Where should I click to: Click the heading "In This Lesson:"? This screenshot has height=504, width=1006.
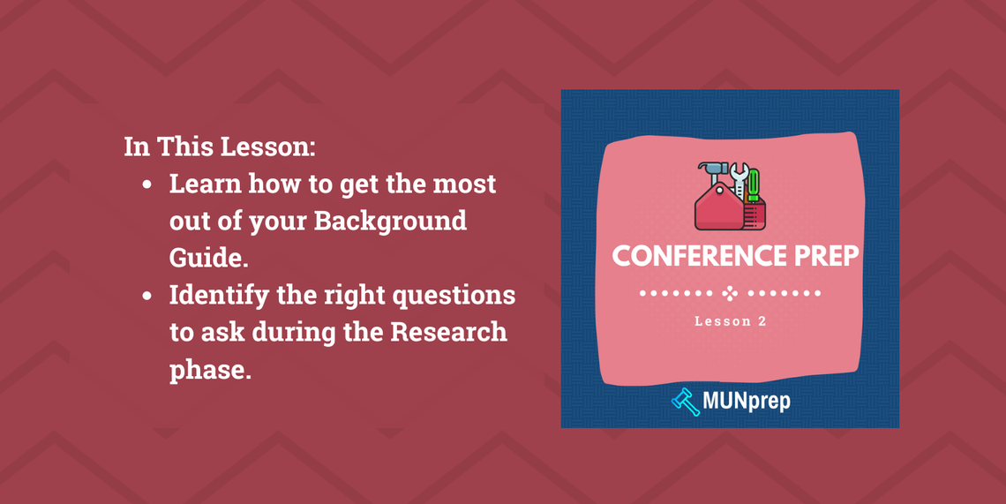(x=219, y=146)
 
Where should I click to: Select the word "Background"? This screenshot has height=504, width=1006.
(x=391, y=220)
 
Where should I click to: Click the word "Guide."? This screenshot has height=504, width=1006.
(x=206, y=257)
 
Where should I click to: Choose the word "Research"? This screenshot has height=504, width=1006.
(x=449, y=332)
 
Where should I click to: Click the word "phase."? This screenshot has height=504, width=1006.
(x=211, y=369)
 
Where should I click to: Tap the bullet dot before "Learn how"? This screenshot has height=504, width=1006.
(x=147, y=185)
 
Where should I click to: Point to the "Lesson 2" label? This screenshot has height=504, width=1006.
(x=730, y=321)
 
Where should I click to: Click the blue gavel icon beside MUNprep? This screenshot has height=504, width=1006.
(x=685, y=402)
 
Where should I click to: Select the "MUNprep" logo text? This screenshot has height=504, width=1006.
(x=747, y=402)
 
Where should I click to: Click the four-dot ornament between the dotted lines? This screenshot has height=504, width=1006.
(x=730, y=293)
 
